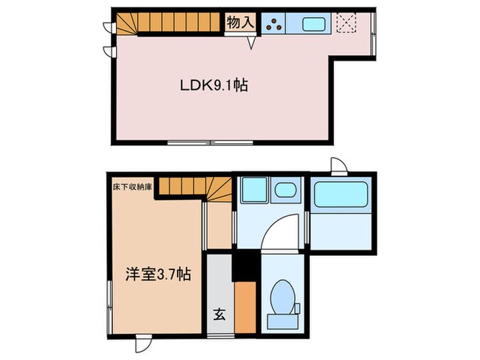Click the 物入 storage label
[241, 23]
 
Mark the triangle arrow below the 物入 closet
[251, 43]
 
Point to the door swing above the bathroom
[337, 165]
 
